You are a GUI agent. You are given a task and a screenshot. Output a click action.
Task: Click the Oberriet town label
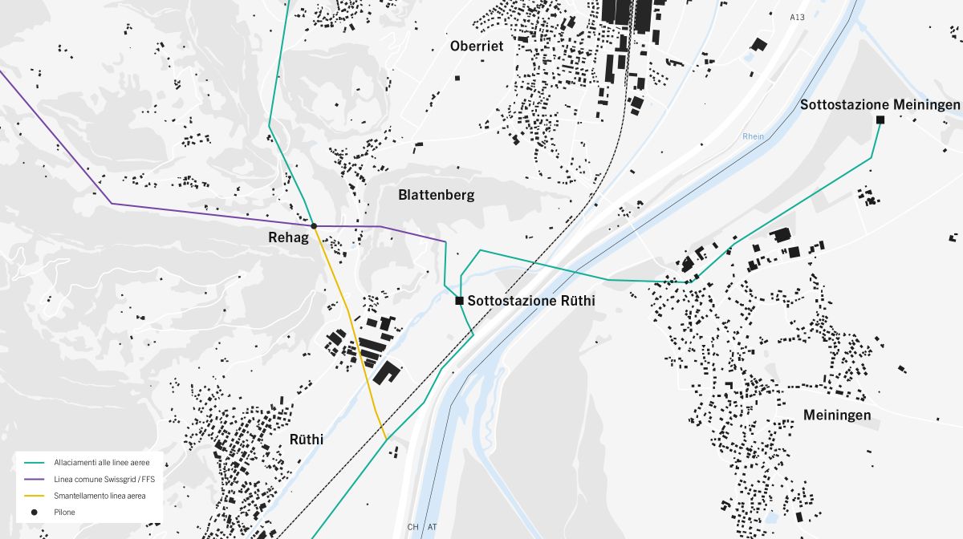tap(477, 46)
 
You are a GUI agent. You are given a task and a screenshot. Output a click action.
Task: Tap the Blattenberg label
tap(436, 195)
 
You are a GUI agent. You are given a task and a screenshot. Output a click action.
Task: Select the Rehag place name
tap(288, 237)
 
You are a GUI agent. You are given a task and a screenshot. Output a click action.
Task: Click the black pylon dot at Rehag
tap(314, 226)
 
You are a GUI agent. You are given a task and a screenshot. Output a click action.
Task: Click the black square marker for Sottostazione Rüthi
tap(459, 301)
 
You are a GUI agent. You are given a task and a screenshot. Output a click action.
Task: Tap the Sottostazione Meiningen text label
tap(880, 105)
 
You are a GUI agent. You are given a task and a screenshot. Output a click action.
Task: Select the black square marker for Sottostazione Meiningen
tap(880, 120)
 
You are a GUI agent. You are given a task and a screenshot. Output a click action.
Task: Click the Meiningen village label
tap(837, 415)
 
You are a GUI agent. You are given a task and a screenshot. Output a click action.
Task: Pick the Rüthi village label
tap(306, 440)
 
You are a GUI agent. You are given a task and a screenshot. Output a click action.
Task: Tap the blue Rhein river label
tap(753, 136)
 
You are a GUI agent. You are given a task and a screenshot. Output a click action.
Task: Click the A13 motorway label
tap(796, 17)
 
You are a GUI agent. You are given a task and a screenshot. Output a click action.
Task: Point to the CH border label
tap(413, 527)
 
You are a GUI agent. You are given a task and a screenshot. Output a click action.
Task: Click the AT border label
tap(433, 527)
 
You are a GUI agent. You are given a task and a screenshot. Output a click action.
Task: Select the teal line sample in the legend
tap(35, 463)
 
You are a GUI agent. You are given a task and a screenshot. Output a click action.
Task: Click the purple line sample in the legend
tap(35, 479)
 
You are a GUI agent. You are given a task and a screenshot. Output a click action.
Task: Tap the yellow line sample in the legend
tap(35, 496)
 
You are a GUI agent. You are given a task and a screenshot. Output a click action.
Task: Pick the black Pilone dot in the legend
tap(35, 512)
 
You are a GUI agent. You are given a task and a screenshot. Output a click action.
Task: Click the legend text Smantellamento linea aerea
tap(99, 496)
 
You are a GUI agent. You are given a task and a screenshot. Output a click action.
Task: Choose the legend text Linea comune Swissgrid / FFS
tap(104, 479)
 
